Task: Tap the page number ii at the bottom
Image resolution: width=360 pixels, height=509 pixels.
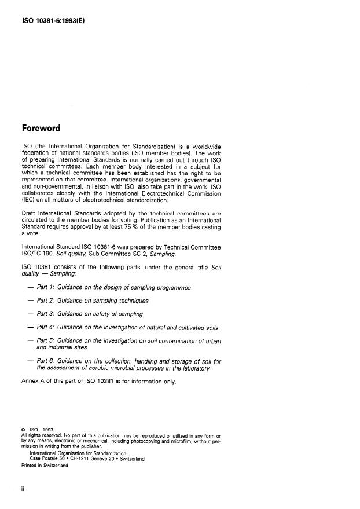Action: (23, 489)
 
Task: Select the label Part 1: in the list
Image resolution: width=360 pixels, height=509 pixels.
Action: (46, 287)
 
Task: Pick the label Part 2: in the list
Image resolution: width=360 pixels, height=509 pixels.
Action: (46, 301)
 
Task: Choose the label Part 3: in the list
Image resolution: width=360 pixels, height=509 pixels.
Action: (46, 314)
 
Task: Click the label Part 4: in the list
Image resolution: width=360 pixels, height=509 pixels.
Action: (46, 327)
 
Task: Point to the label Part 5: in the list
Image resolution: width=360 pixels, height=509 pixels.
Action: (46, 340)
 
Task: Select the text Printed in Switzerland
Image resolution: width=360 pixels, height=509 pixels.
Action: (45, 464)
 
